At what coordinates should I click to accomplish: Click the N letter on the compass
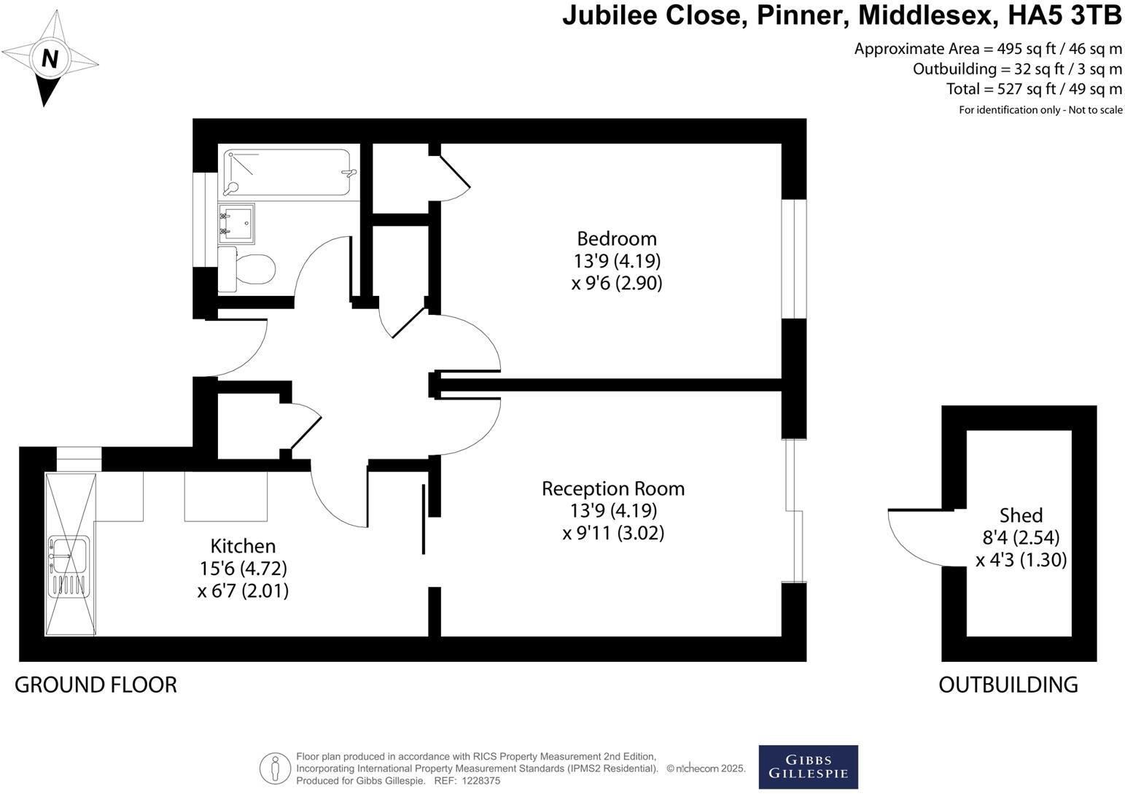click(50, 58)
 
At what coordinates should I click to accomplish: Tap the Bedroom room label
click(617, 238)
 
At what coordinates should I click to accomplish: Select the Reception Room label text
click(613, 488)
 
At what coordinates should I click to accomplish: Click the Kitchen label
click(243, 546)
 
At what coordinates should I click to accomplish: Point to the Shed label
click(1021, 515)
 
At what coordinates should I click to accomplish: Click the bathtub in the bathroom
click(288, 172)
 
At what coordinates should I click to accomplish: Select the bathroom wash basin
click(236, 223)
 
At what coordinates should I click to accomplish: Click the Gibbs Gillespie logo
click(808, 767)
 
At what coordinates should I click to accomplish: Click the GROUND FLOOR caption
click(96, 685)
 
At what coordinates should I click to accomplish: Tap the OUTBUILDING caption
click(1008, 685)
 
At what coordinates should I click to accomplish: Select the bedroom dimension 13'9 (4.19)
click(617, 261)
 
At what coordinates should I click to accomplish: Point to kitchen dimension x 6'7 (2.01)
click(243, 591)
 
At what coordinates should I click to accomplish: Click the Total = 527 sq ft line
click(1034, 89)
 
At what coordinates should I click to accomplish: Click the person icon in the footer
click(275, 768)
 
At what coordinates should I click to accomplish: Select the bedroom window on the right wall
click(794, 259)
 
